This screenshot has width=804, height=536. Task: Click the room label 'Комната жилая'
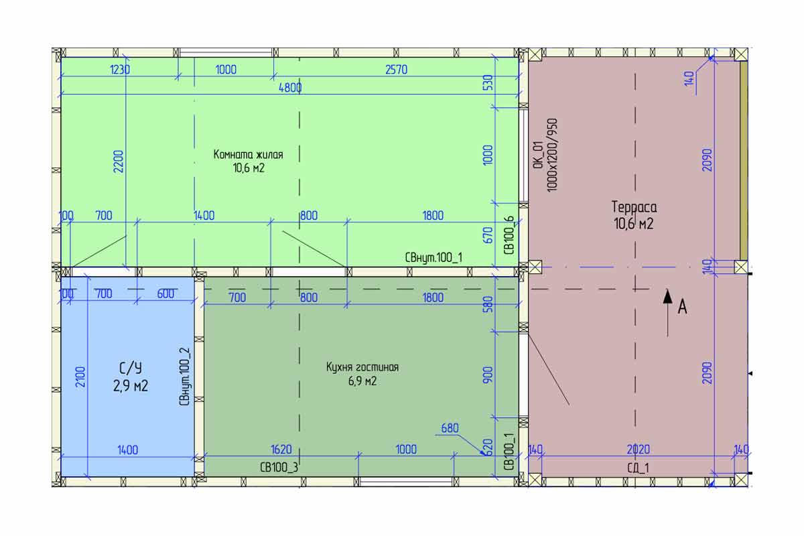248,155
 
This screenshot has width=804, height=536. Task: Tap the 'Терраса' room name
634,207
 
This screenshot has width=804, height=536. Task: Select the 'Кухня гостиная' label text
362,367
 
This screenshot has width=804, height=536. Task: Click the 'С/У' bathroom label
130,368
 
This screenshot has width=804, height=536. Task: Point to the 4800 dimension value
290,88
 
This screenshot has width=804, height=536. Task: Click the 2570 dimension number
396,70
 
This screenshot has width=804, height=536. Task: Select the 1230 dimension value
119,70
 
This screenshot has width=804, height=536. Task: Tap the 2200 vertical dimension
119,161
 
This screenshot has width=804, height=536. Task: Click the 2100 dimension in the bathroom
81,377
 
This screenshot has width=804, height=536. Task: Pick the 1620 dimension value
281,450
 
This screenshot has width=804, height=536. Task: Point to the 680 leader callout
450,428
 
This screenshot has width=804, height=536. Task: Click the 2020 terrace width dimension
638,450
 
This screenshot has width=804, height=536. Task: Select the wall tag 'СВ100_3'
279,468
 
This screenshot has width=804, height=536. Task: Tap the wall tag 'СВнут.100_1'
433,257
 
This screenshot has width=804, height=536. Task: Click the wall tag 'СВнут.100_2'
184,377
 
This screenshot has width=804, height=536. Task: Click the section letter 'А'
682,308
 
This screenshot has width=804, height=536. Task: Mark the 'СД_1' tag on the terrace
638,468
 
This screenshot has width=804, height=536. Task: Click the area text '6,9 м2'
362,381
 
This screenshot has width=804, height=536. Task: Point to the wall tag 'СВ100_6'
509,236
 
